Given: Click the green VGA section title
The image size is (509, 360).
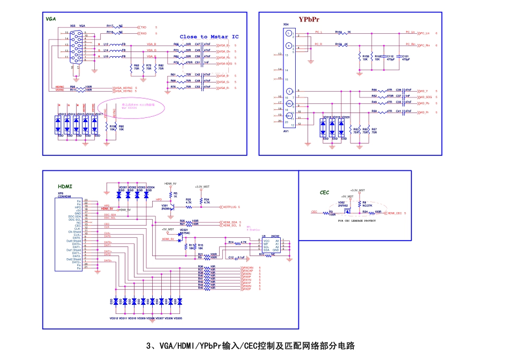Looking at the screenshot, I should pyautogui.click(x=51, y=19).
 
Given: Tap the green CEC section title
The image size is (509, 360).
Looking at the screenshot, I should pyautogui.click(x=324, y=192).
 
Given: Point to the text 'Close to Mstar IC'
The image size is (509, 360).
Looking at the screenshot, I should pyautogui.click(x=209, y=36).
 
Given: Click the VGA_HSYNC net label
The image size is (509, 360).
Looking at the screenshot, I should pyautogui.click(x=123, y=87).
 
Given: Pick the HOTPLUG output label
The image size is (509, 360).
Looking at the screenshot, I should pyautogui.click(x=229, y=206).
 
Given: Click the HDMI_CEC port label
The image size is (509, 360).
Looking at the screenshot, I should pyautogui.click(x=394, y=213).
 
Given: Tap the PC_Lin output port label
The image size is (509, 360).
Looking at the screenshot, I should pyautogui.click(x=425, y=33).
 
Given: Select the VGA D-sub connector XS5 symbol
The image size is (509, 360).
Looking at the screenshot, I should pyautogui.click(x=76, y=47).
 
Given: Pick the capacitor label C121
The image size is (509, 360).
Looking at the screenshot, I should pyautogui.click(x=405, y=56).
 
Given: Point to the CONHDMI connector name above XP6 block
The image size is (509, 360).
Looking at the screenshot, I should pyautogui.click(x=65, y=196).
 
